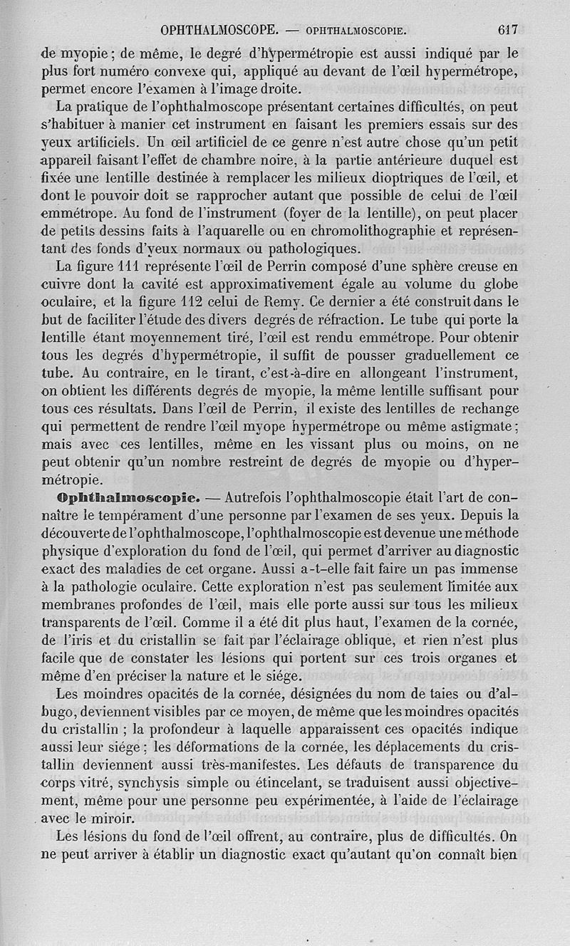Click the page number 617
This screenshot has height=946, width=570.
(x=507, y=30)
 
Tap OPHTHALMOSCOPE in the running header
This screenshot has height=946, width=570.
(x=219, y=31)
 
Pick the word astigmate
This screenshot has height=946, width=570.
(x=481, y=426)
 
